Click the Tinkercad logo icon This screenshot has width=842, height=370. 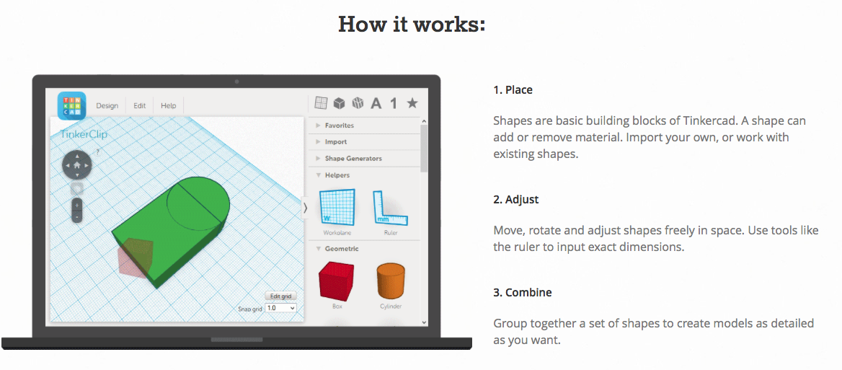click(x=72, y=106)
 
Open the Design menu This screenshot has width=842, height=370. click(x=107, y=106)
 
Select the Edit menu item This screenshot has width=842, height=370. click(x=140, y=106)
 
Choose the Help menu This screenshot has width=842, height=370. click(x=169, y=106)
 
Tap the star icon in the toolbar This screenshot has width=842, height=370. click(x=412, y=103)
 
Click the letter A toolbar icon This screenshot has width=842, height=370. click(x=376, y=103)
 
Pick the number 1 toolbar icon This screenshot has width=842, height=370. click(x=394, y=103)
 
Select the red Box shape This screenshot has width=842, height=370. click(x=337, y=280)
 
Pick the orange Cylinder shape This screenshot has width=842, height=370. click(x=390, y=281)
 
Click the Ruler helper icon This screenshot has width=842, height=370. click(x=391, y=207)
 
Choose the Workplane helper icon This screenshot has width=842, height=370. click(x=337, y=207)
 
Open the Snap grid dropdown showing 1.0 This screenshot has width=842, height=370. click(x=281, y=308)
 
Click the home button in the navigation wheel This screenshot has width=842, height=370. click(x=77, y=165)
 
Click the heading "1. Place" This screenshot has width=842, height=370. click(x=513, y=90)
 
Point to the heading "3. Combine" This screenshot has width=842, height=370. click(x=523, y=294)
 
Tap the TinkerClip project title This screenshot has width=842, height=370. click(x=83, y=134)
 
